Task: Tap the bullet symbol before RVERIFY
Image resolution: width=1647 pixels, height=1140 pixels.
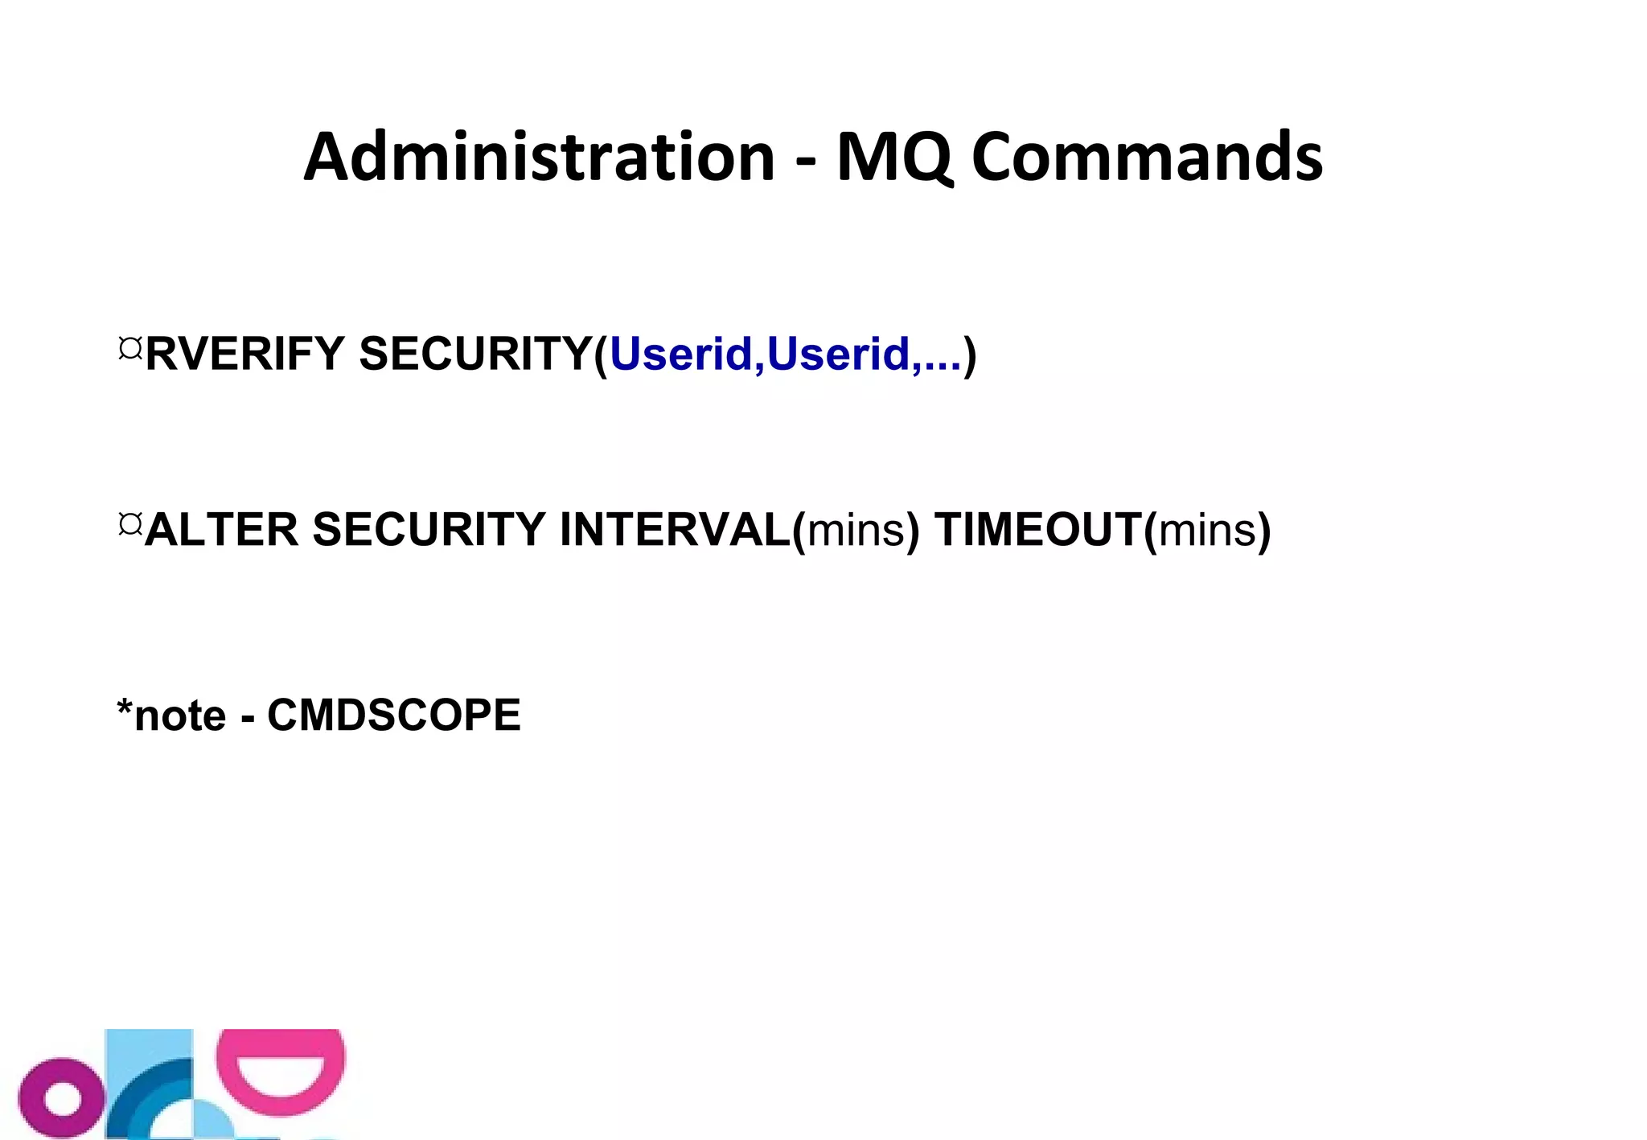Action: tap(129, 348)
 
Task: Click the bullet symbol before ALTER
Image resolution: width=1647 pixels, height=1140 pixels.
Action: tap(129, 524)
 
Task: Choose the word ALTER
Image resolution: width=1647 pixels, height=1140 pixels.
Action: tap(222, 530)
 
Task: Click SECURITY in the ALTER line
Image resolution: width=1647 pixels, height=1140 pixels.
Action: tap(429, 530)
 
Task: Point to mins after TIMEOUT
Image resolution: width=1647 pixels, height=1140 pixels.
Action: tap(1207, 531)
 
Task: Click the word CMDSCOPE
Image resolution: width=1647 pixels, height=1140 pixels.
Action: tap(394, 715)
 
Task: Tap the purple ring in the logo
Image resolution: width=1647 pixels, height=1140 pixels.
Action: tap(61, 1097)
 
